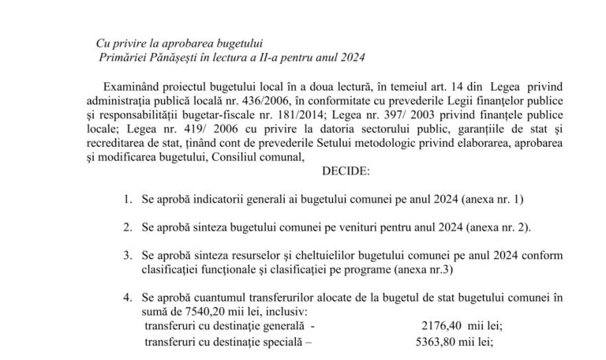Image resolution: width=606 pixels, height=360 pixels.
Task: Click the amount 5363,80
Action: (421, 339)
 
